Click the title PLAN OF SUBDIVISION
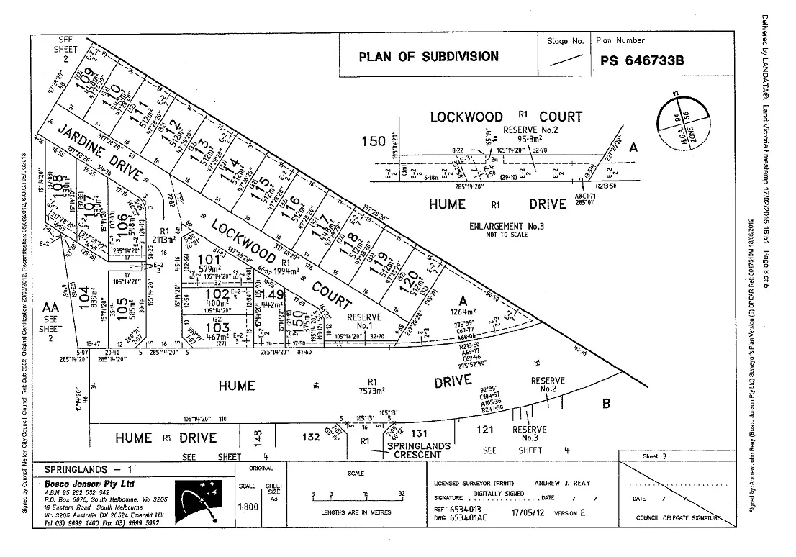pos(428,56)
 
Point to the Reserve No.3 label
pos(530,434)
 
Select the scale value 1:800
pos(247,506)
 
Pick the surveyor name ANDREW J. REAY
pos(562,483)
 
